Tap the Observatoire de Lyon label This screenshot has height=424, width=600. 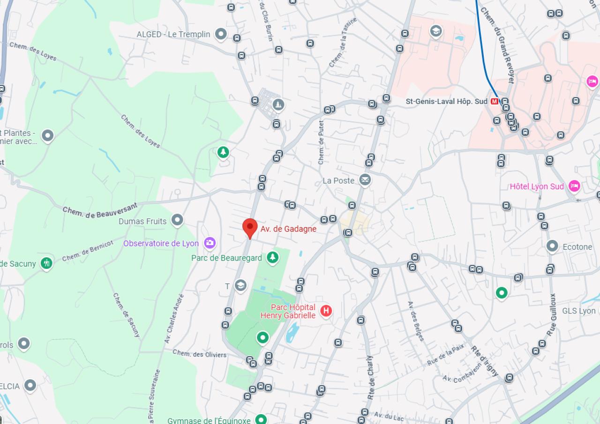click(161, 244)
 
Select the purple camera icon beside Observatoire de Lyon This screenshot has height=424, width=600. click(210, 243)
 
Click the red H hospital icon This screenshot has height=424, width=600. click(326, 311)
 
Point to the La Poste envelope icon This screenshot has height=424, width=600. click(365, 180)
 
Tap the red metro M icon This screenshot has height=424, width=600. click(494, 101)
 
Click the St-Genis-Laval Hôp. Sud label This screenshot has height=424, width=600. click(447, 101)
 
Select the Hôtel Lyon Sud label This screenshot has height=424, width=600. click(537, 186)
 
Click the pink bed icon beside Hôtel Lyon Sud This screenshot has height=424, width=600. click(574, 186)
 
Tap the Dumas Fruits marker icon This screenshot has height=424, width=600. click(177, 220)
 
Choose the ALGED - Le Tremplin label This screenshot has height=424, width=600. click(173, 34)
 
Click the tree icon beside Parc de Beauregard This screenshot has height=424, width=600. click(272, 257)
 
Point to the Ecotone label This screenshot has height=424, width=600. click(577, 247)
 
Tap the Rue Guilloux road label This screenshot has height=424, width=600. click(552, 314)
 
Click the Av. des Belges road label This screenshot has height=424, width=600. click(415, 321)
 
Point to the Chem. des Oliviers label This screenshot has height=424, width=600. click(199, 354)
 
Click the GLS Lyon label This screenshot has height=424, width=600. click(579, 311)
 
